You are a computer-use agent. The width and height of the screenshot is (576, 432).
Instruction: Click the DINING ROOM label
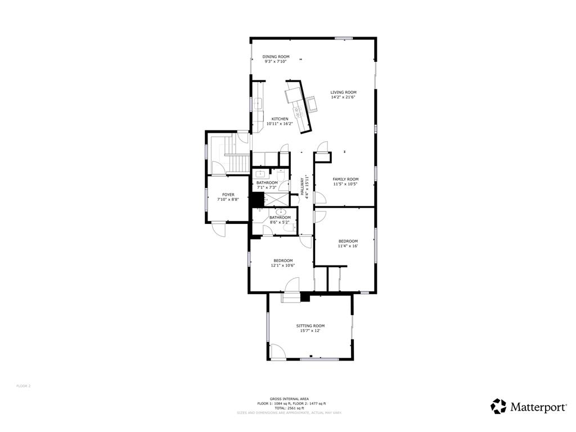(x=276, y=56)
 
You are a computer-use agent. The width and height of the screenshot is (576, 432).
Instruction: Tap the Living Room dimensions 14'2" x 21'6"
(x=343, y=97)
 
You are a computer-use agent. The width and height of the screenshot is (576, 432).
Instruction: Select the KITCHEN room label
(x=280, y=119)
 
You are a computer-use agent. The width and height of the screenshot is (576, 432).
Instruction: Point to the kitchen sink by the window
(x=258, y=103)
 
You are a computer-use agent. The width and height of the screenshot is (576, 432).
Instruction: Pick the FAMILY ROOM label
(x=345, y=179)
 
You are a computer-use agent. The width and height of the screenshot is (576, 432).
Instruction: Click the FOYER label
(x=228, y=195)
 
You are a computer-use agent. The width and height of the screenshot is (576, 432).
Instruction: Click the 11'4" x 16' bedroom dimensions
(x=348, y=246)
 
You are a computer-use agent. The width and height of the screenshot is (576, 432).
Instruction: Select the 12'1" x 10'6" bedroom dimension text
(x=283, y=265)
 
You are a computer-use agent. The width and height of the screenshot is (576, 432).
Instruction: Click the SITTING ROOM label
(x=310, y=326)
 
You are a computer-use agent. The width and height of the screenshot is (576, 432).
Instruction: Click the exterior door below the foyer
(x=219, y=229)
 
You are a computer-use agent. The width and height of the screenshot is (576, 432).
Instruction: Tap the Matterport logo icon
(x=498, y=406)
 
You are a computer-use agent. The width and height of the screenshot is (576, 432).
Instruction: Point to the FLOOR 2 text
(x=24, y=386)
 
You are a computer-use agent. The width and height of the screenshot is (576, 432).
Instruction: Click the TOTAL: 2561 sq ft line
(x=289, y=408)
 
